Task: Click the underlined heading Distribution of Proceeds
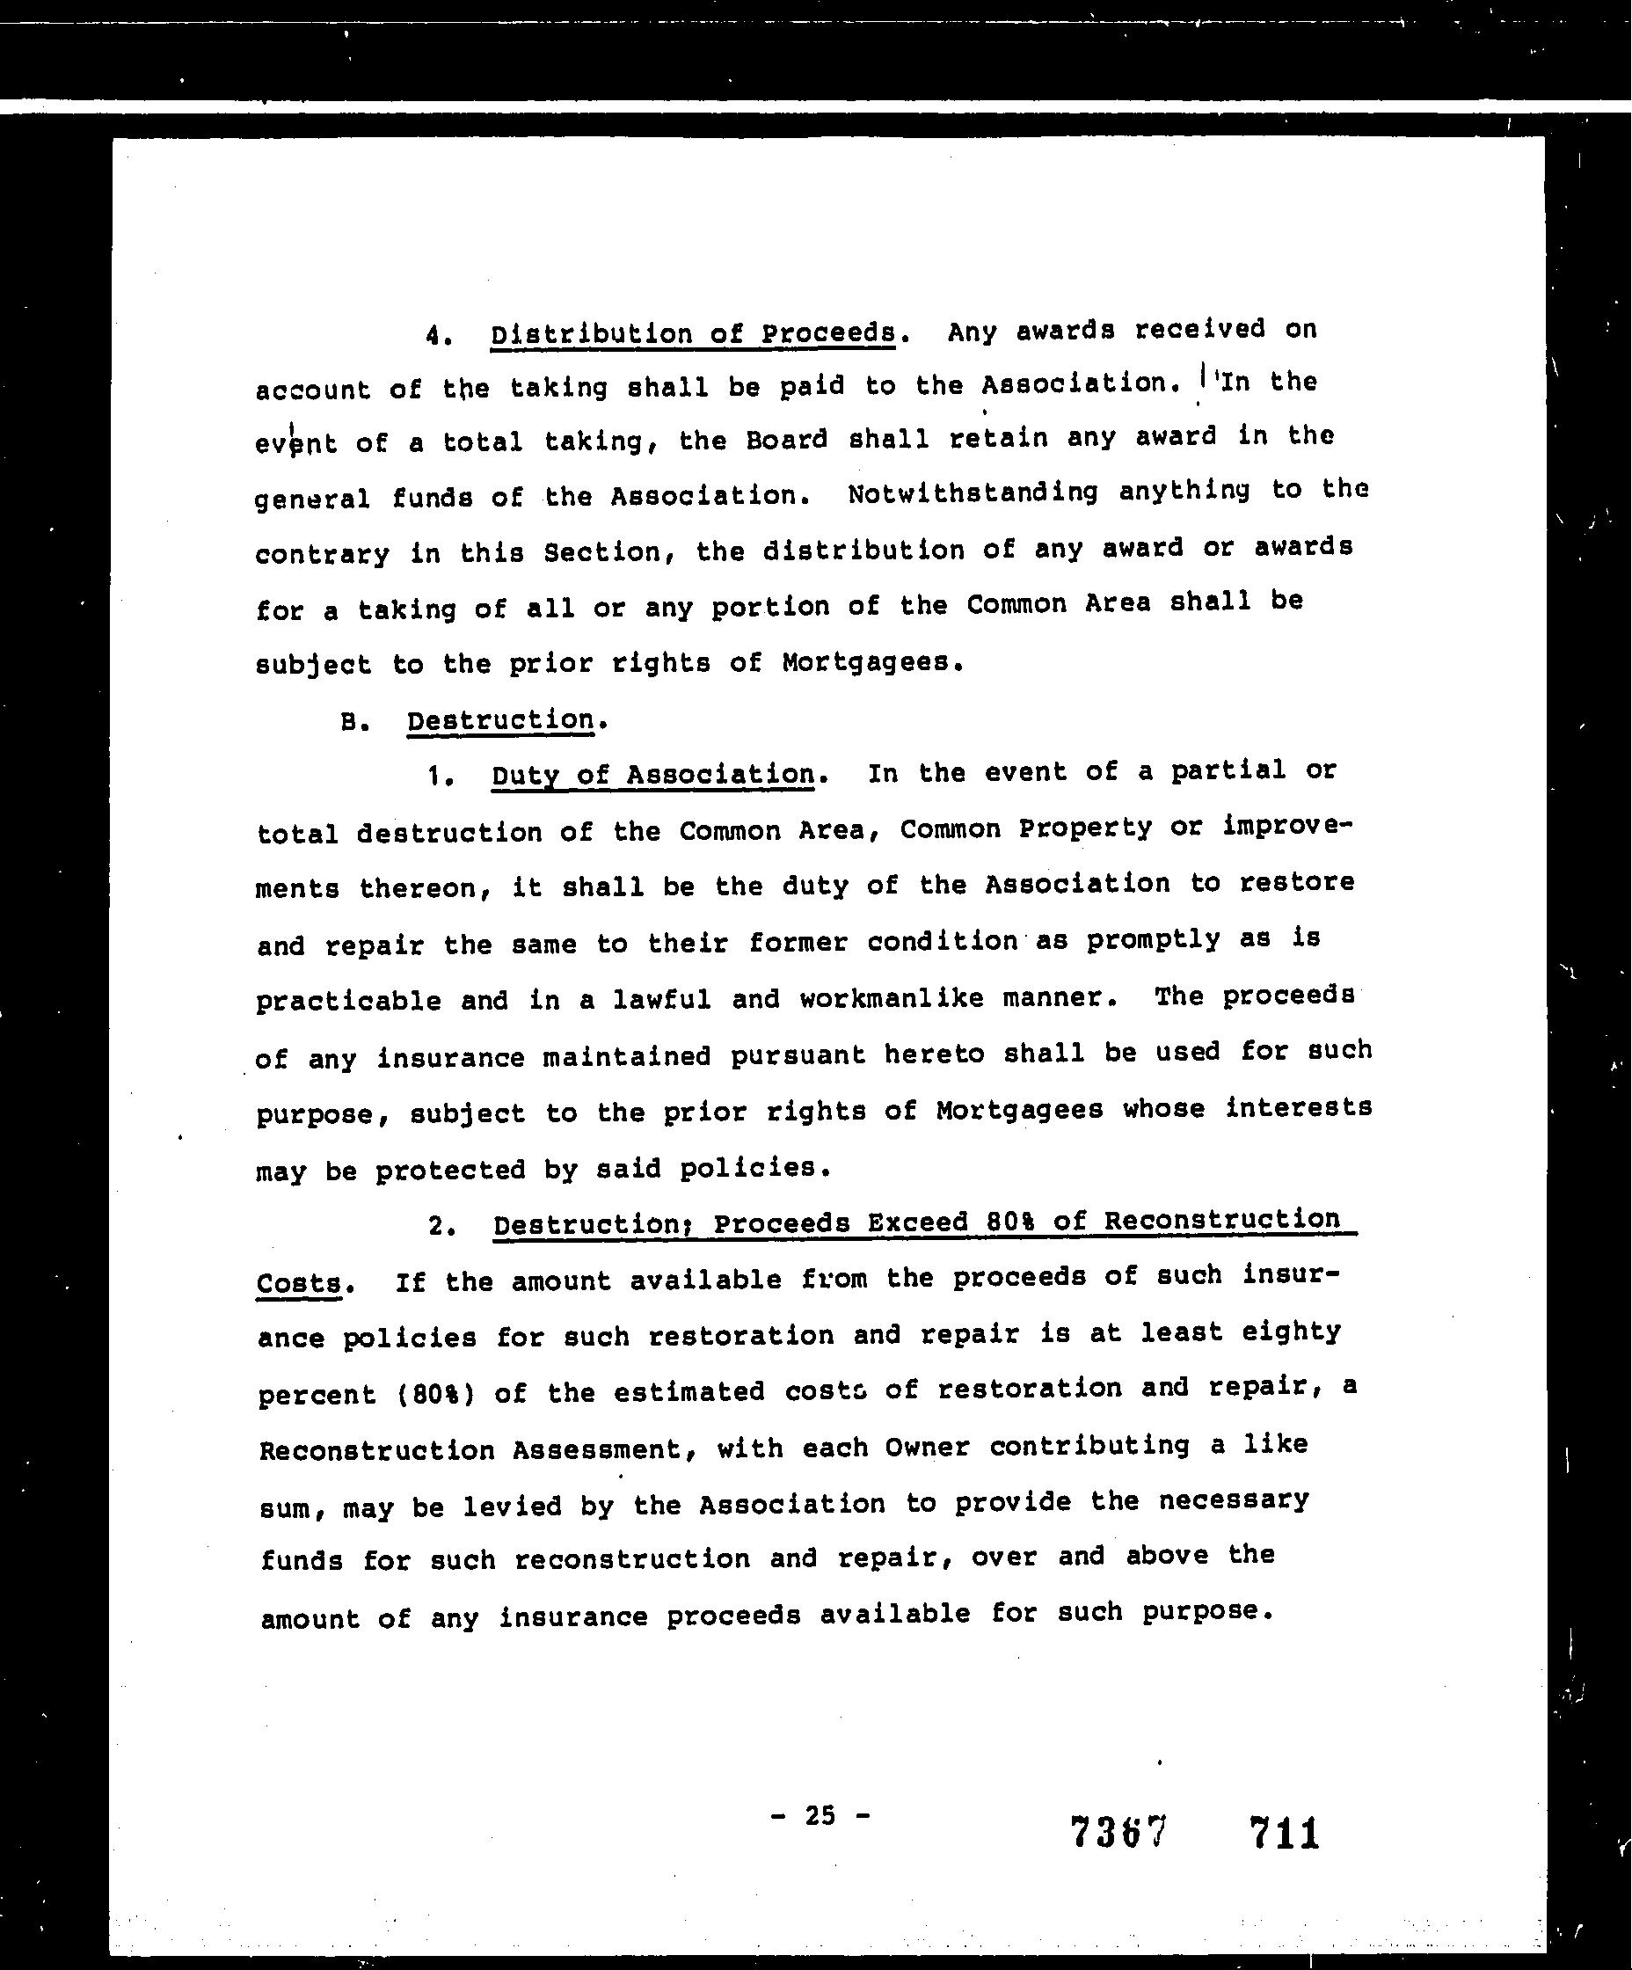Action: coord(693,333)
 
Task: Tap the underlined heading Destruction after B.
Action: coord(500,719)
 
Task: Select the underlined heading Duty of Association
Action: coord(652,775)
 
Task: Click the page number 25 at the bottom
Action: coord(819,1815)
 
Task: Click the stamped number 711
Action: coord(1284,1832)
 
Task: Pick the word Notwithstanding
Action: coord(972,492)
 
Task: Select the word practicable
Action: coord(348,1001)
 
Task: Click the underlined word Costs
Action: coord(299,1282)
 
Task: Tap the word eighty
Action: coord(1291,1333)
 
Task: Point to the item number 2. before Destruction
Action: coord(441,1226)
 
